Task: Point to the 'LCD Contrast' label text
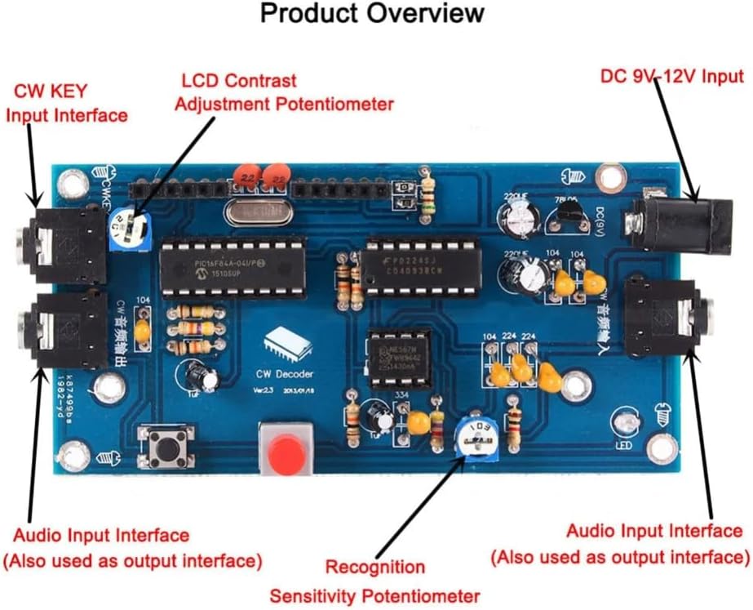click(238, 81)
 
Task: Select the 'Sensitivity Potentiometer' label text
click(374, 596)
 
